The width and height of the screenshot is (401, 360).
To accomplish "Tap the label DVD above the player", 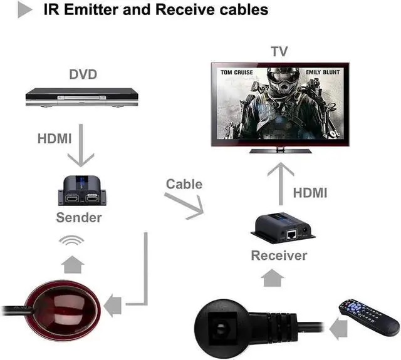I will pyautogui.click(x=83, y=75).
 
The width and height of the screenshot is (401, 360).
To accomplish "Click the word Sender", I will pyautogui.click(x=78, y=218).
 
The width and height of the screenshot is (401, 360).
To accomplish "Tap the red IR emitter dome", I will pyautogui.click(x=61, y=305).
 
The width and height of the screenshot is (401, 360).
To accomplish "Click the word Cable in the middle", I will pyautogui.click(x=184, y=184).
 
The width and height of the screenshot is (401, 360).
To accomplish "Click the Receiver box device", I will pyautogui.click(x=281, y=229).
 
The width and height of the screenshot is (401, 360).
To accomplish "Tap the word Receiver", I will pyautogui.click(x=279, y=255).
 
